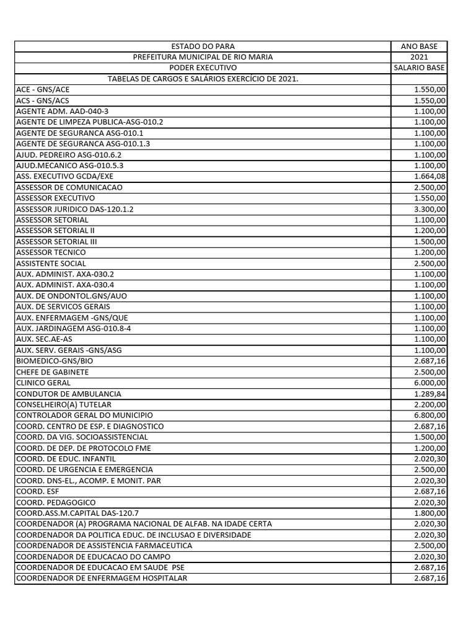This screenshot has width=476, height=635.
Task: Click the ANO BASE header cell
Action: click(418, 47)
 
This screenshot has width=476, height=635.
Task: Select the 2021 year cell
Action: click(418, 57)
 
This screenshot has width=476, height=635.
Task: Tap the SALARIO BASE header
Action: click(418, 68)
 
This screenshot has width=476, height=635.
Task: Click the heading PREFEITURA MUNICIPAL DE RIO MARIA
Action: click(203, 57)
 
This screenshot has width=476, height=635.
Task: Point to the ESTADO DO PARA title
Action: click(203, 47)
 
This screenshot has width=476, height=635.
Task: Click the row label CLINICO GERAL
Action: click(43, 383)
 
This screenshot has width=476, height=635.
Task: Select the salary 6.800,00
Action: click(430, 415)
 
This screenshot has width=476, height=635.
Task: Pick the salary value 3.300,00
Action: click(430, 209)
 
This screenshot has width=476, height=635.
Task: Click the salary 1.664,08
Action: click(430, 176)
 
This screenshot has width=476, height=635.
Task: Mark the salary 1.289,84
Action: click(430, 394)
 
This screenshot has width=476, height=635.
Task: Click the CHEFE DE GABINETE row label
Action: click(52, 372)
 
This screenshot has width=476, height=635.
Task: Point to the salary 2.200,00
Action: click(430, 404)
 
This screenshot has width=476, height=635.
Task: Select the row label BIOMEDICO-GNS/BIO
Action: click(54, 361)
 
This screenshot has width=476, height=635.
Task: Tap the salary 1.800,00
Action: click(430, 513)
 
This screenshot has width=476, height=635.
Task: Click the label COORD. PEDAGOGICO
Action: click(56, 502)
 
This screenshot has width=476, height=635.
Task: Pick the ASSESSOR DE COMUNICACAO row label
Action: click(69, 187)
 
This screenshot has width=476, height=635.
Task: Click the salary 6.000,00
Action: click(430, 383)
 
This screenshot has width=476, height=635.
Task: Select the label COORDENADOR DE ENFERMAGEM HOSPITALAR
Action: click(102, 578)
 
